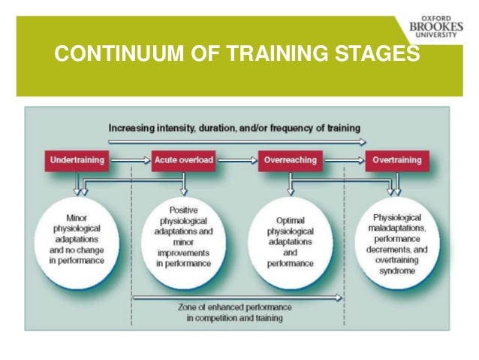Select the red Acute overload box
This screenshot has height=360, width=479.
point(182,160)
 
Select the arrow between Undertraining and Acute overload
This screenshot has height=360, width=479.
point(130,160)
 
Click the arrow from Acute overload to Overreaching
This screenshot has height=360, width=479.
point(236,160)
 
